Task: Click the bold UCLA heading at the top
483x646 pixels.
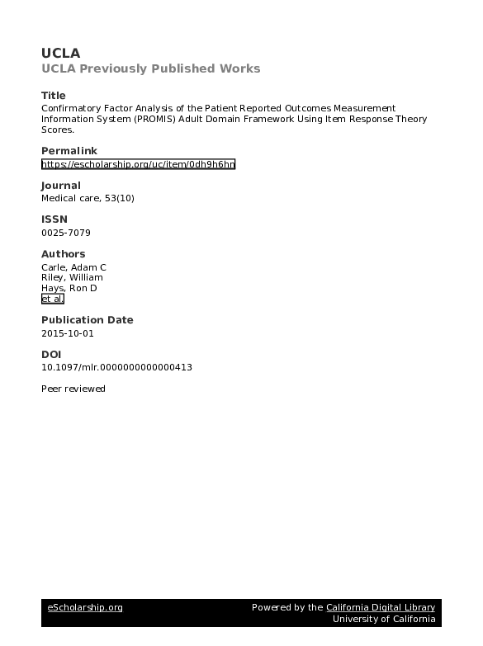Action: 61,53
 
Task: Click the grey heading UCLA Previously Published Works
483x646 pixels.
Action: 150,68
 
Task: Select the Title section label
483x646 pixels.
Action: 53,95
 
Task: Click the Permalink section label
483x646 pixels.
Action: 69,151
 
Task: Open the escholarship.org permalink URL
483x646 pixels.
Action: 138,164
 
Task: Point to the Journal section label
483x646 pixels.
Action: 61,186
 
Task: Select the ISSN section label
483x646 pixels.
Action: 54,219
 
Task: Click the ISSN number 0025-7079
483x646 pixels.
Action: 65,233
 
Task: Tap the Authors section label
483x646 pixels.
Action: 63,254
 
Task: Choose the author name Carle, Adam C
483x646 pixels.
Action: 73,267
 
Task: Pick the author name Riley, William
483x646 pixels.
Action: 72,277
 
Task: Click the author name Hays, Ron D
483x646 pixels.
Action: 69,288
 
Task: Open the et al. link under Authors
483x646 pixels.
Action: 52,299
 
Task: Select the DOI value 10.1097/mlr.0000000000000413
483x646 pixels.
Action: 116,367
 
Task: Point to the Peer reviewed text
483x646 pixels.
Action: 73,389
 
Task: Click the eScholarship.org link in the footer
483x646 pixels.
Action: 85,608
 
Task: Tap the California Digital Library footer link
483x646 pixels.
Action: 380,608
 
